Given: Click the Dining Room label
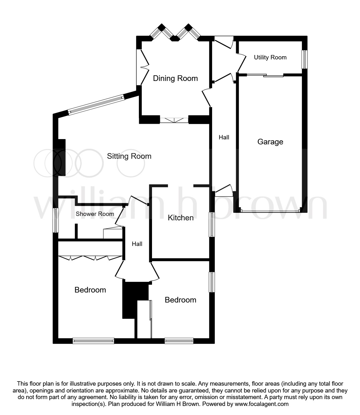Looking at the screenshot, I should (x=175, y=78).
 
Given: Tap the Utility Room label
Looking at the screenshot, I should (x=270, y=57).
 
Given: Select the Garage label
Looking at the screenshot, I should (x=270, y=142).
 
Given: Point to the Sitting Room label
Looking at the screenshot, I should (x=129, y=156).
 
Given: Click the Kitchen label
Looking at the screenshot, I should (x=180, y=218).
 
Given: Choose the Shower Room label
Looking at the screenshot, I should (x=95, y=214).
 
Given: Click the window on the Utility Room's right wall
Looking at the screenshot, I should (x=304, y=59).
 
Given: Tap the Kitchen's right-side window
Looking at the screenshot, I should (x=212, y=224).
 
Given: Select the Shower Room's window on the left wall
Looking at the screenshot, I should (x=56, y=220).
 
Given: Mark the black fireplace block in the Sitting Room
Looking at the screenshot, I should (x=61, y=157).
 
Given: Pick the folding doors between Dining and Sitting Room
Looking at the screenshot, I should (x=174, y=120).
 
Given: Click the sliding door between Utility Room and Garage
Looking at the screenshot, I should (x=265, y=75).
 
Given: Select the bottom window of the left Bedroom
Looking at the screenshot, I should (x=93, y=341).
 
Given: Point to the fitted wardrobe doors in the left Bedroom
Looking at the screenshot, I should (x=90, y=258).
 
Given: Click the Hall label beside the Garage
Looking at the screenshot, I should (x=224, y=137).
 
